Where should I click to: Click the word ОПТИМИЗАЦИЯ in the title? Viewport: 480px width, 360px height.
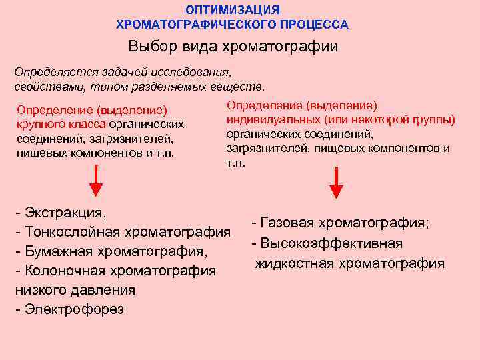tap(233, 10)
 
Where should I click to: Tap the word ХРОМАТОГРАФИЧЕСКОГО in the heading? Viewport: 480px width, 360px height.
tap(197, 25)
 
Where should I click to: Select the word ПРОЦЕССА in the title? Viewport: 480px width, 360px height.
tap(315, 25)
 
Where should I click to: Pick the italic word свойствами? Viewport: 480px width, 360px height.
tap(43, 86)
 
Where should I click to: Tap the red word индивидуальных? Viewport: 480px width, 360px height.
tap(273, 120)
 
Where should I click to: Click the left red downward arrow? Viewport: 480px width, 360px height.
tap(97, 181)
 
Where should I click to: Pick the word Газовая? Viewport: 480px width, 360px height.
tap(289, 223)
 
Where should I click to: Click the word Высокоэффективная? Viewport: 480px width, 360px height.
tap(331, 243)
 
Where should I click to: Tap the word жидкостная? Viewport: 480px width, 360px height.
tap(293, 263)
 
